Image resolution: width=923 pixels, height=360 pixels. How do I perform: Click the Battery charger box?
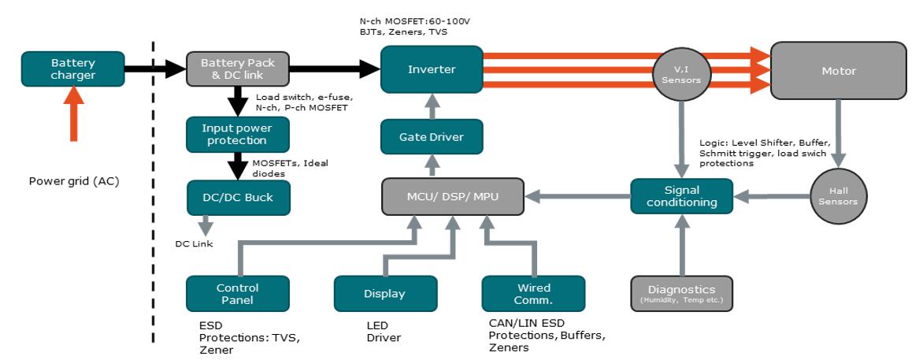[72, 69]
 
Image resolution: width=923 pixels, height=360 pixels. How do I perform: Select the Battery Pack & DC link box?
[238, 69]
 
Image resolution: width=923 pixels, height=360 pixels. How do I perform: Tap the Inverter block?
[431, 69]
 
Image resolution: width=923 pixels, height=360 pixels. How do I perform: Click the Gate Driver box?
[431, 137]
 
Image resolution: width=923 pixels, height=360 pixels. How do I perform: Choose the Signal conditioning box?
[681, 195]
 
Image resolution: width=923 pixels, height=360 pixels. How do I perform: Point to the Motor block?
[838, 71]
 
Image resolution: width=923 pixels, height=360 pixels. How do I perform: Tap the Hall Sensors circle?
[838, 196]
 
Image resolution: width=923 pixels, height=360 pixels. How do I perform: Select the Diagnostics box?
[681, 293]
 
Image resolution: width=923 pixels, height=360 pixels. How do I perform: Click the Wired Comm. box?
[533, 293]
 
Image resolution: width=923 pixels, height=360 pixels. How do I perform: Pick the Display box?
[385, 294]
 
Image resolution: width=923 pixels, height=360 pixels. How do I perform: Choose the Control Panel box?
[237, 293]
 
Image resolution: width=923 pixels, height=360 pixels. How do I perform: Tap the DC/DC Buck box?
[238, 197]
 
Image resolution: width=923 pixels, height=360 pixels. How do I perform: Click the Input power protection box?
[238, 134]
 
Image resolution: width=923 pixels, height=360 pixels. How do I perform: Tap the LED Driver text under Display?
[384, 332]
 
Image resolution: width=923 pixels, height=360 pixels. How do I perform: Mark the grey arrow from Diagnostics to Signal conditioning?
[681, 246]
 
